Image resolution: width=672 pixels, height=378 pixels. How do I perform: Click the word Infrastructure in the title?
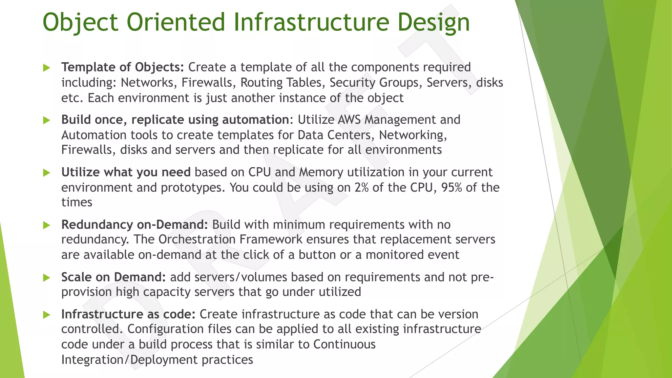point(311,22)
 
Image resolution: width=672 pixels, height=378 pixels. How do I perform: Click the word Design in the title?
point(434,22)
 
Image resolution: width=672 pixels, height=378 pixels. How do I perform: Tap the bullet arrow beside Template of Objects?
point(47,68)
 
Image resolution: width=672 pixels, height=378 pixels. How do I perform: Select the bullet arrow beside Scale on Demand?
point(47,278)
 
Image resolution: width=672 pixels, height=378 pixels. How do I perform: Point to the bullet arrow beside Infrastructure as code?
point(47,315)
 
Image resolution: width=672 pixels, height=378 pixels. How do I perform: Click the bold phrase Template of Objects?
point(123,67)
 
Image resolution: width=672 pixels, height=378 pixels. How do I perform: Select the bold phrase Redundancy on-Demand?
point(135,225)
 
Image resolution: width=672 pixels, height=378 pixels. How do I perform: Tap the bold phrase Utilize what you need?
point(126,172)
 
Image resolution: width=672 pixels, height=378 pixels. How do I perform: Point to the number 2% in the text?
point(361,188)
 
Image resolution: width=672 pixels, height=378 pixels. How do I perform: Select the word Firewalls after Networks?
point(207,83)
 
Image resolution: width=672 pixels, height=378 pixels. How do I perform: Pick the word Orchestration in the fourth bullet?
point(197,240)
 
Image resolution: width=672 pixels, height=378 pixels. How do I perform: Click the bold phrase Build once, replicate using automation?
point(175,120)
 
